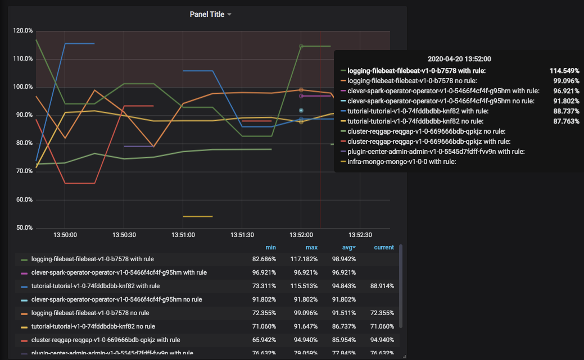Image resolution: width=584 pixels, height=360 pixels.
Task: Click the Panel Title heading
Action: pyautogui.click(x=207, y=14)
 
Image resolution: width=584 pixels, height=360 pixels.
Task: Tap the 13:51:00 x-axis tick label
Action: pyautogui.click(x=183, y=235)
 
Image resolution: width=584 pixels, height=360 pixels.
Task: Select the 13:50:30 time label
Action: pyautogui.click(x=124, y=235)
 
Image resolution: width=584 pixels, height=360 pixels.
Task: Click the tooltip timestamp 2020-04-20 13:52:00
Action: pyautogui.click(x=459, y=58)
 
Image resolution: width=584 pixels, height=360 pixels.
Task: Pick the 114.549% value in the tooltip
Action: pyautogui.click(x=564, y=71)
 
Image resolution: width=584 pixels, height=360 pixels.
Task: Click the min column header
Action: pyautogui.click(x=271, y=248)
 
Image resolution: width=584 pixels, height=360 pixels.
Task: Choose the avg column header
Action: pyautogui.click(x=348, y=248)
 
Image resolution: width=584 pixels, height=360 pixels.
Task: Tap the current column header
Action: pyautogui.click(x=384, y=248)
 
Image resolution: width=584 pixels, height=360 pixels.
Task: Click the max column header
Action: pyautogui.click(x=311, y=248)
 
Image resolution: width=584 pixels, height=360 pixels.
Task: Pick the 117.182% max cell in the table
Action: pyautogui.click(x=304, y=259)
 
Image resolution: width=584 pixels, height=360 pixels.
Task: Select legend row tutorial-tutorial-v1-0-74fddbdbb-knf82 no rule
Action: pyautogui.click(x=93, y=326)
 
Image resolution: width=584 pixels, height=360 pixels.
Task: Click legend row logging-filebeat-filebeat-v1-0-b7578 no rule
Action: pyautogui.click(x=90, y=313)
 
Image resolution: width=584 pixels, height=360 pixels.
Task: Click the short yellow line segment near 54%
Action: pyautogui.click(x=198, y=216)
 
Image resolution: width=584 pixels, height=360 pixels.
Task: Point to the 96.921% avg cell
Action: pyautogui.click(x=342, y=272)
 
